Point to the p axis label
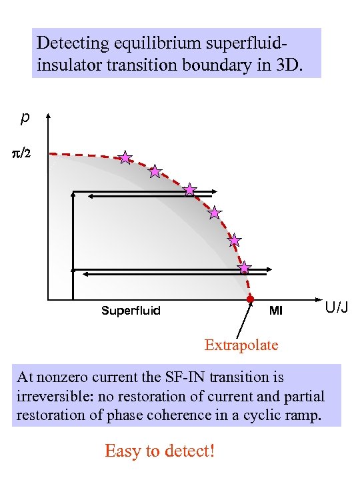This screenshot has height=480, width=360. click(25, 118)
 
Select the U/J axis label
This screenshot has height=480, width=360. click(337, 307)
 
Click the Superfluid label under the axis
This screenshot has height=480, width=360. click(131, 311)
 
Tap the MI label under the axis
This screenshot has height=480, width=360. click(275, 311)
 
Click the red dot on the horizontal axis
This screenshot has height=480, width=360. click(251, 300)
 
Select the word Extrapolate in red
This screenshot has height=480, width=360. click(241, 345)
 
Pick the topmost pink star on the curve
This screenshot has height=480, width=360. click(125, 157)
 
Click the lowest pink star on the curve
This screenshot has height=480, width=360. click(245, 267)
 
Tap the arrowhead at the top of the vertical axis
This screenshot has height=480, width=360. click(48, 119)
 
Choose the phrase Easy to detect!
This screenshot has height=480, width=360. click(160, 451)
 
